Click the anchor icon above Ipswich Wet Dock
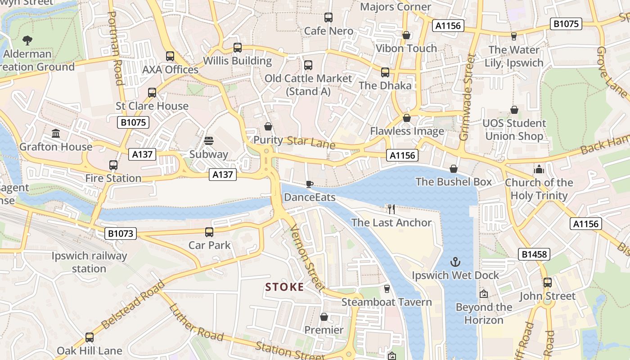pos(455,262)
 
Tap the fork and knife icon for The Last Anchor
pos(391,209)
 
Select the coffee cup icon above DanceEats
pos(309,184)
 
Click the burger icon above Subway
pos(208,141)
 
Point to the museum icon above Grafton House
pos(56,134)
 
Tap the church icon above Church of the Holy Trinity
pos(539,169)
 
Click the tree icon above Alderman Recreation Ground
pos(27,40)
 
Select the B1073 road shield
pos(121,233)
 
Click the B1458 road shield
pos(534,254)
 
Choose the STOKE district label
pos(284,287)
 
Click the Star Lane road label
pos(311,142)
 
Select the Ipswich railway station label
pos(89,262)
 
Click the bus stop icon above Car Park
pos(209,232)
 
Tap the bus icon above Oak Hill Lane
pos(90,337)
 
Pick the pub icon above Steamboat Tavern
pos(387,289)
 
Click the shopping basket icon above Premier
pos(324,317)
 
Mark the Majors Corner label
pos(396,7)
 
